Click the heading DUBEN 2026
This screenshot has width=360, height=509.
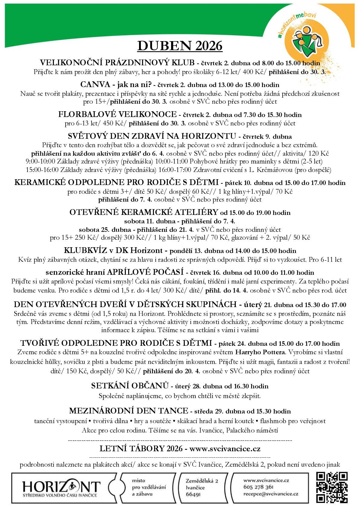click(180, 46)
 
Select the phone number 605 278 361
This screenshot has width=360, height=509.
click(258, 487)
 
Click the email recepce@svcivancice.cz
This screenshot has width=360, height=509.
click(271, 494)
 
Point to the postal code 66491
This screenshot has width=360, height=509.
click(194, 494)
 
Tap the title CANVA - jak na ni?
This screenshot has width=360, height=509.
click(116, 84)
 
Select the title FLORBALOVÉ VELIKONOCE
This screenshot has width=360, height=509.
click(117, 114)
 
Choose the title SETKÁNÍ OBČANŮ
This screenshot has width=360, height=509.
click(130, 386)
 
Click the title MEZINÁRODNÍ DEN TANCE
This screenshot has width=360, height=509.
click(128, 411)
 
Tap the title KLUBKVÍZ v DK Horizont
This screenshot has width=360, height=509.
click(115, 251)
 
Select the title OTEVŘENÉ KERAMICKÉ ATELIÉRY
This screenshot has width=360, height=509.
click(144, 212)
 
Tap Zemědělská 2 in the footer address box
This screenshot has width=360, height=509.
click(202, 481)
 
